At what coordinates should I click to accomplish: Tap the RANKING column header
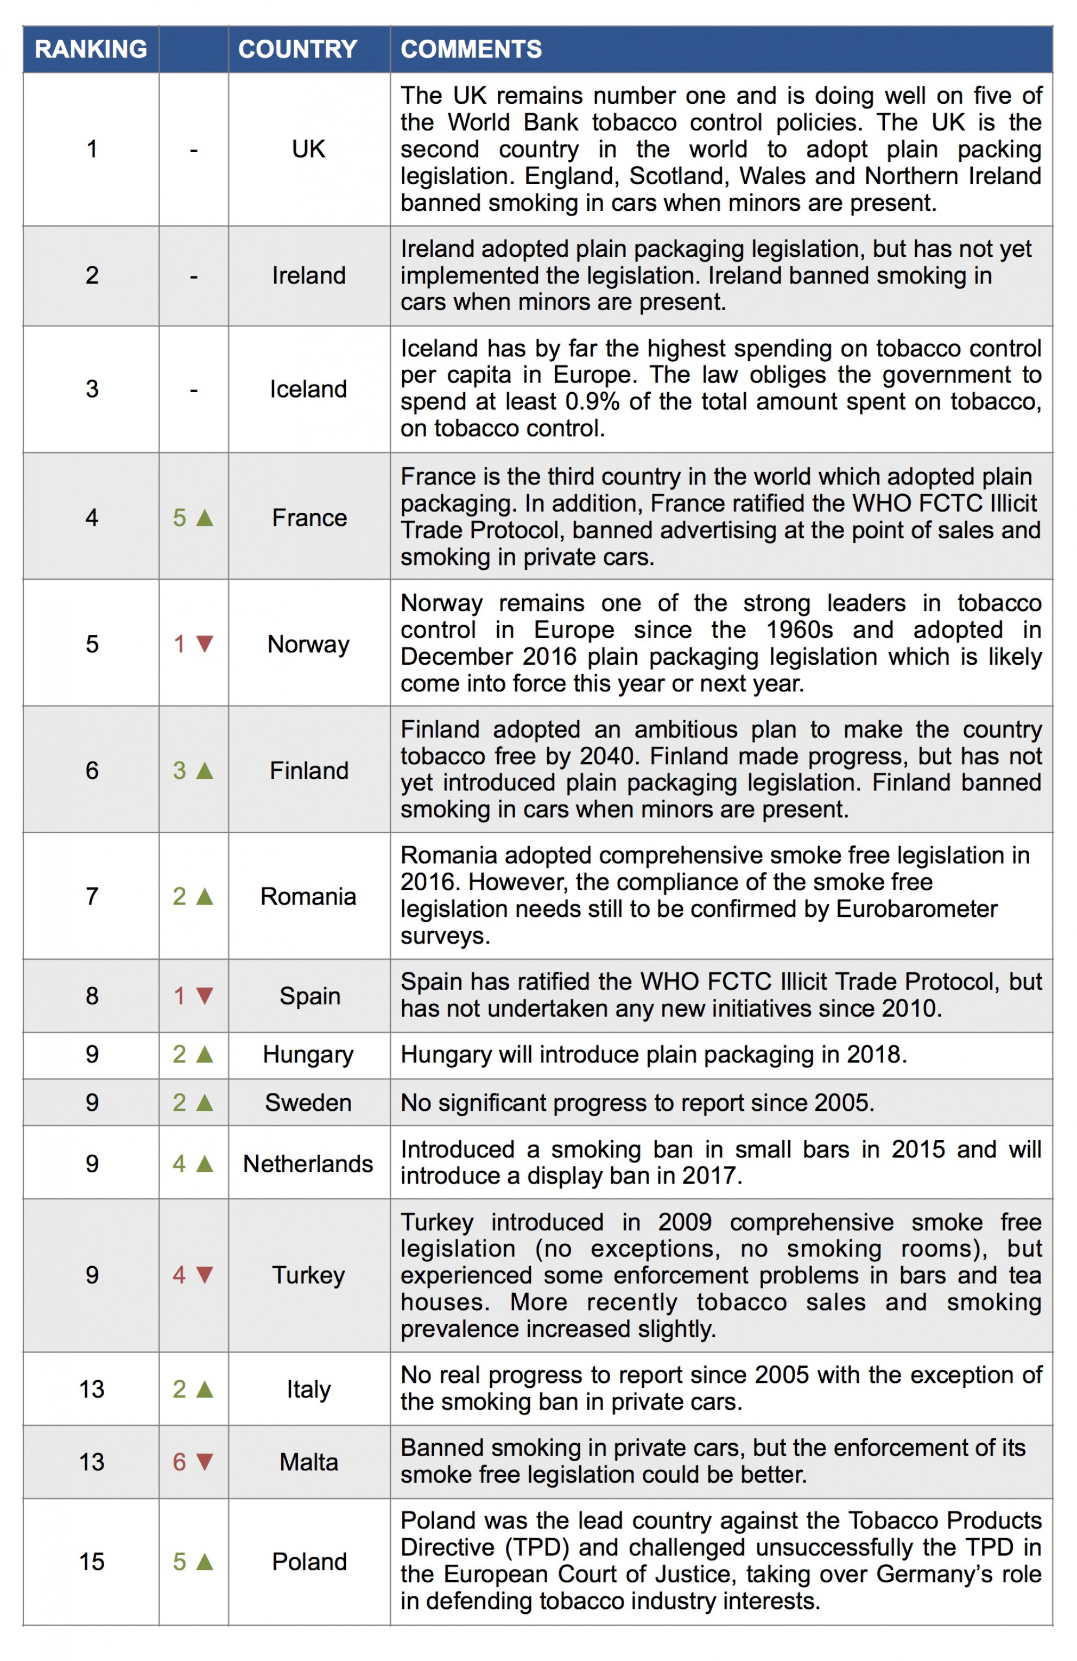tap(91, 49)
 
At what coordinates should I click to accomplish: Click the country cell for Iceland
tap(308, 389)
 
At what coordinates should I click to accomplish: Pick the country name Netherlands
tap(308, 1163)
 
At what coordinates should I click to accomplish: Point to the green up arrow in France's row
tap(204, 517)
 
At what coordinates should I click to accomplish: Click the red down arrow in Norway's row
tap(204, 644)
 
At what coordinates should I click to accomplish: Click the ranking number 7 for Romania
tap(91, 896)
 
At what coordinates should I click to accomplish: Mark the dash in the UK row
tap(194, 150)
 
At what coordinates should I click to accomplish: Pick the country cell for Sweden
tap(308, 1103)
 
